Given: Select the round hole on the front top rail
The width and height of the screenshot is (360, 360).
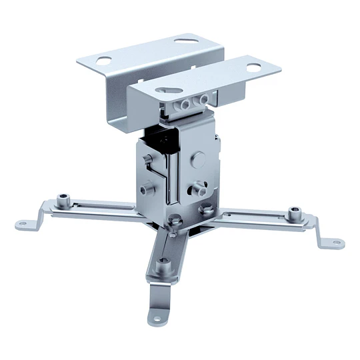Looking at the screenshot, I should pyautogui.click(x=254, y=67).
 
